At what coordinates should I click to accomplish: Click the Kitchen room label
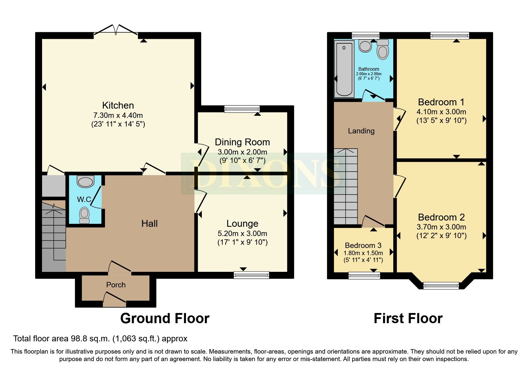pyautogui.click(x=118, y=105)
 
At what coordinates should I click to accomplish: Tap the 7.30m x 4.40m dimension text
pyautogui.click(x=118, y=115)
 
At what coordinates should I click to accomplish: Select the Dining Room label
pyautogui.click(x=242, y=142)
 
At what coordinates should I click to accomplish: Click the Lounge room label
pyautogui.click(x=242, y=223)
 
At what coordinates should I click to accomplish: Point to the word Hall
pyautogui.click(x=149, y=223)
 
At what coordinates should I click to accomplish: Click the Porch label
pyautogui.click(x=116, y=285)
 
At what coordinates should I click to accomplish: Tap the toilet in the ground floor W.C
pyautogui.click(x=84, y=215)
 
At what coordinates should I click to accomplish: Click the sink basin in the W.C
pyautogui.click(x=85, y=181)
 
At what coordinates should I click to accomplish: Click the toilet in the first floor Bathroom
pyautogui.click(x=383, y=50)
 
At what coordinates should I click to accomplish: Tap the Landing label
pyautogui.click(x=361, y=131)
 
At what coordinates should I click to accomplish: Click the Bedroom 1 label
pyautogui.click(x=441, y=102)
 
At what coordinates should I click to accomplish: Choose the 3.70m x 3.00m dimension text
pyautogui.click(x=441, y=227)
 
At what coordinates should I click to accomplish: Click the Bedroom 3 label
pyautogui.click(x=363, y=245)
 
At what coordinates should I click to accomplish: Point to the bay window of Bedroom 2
pyautogui.click(x=441, y=286)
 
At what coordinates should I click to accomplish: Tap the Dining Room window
pyautogui.click(x=242, y=109)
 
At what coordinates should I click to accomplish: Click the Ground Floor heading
pyautogui.click(x=165, y=318)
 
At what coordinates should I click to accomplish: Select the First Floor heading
pyautogui.click(x=408, y=318)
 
